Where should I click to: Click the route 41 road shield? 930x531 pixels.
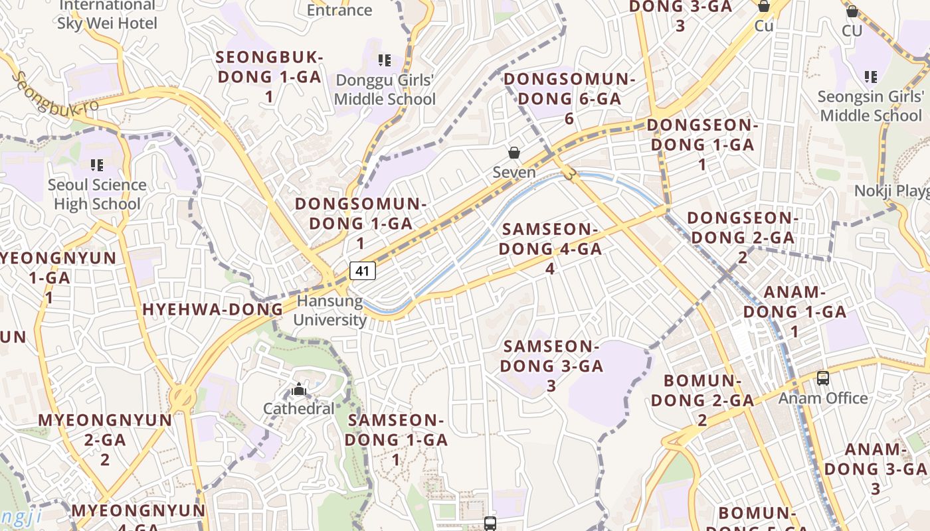pos(362,271)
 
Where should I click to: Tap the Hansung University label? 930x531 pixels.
pos(330,311)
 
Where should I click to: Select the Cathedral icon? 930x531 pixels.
pos(299,389)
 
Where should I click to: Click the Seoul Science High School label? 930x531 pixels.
pos(97,194)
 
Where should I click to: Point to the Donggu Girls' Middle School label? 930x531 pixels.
pos(385,90)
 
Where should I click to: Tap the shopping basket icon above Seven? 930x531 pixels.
pos(514,153)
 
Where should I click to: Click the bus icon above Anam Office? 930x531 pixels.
pos(823,378)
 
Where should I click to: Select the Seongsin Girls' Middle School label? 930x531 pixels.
pos(870,106)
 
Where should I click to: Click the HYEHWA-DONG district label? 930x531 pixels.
pos(213,309)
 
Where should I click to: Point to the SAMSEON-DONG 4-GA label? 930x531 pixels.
pos(550,249)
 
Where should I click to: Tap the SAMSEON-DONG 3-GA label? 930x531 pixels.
pos(551,365)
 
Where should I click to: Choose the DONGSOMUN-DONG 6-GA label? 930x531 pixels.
pos(569,98)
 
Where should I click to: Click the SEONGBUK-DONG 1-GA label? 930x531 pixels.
pos(269,76)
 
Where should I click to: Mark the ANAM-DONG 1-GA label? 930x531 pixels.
pos(794,311)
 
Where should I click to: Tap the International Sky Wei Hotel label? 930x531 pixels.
pos(108,15)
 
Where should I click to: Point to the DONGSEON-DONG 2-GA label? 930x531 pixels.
pos(741,237)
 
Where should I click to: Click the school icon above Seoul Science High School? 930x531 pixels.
pos(97,165)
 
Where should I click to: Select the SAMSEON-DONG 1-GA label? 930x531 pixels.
pos(396,439)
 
